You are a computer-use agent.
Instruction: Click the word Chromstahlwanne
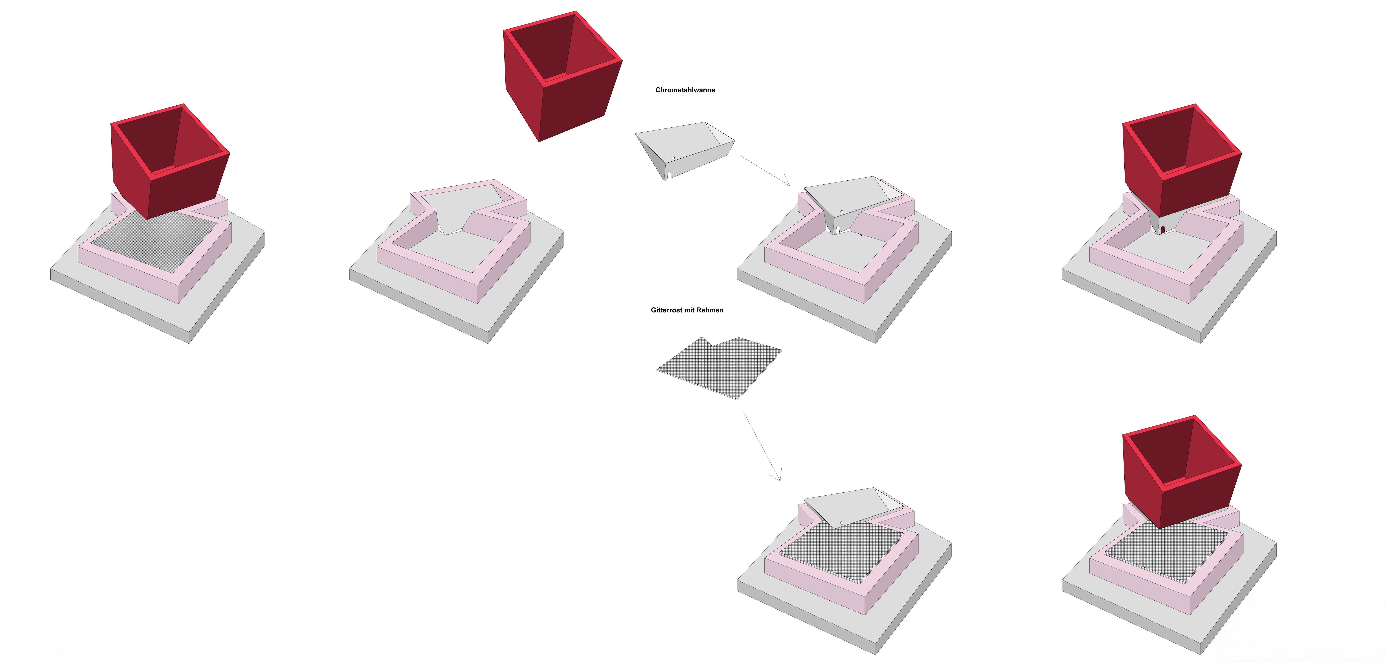pos(685,90)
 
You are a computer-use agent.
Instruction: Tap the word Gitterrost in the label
pos(667,310)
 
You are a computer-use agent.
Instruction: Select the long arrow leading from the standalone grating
pos(762,446)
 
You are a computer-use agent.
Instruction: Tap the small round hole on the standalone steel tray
pos(673,157)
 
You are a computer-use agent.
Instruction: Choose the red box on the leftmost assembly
pos(170,161)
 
